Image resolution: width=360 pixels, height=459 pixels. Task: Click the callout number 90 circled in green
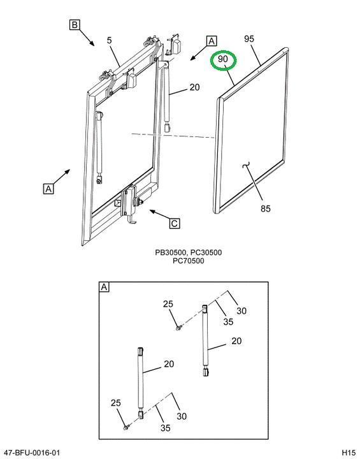pyautogui.click(x=223, y=59)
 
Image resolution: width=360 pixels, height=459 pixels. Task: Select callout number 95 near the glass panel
pyautogui.click(x=249, y=39)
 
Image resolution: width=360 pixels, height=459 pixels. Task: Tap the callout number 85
pyautogui.click(x=266, y=208)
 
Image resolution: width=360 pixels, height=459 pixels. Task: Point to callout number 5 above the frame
pyautogui.click(x=109, y=40)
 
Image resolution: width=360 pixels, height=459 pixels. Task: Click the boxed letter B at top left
pyautogui.click(x=75, y=25)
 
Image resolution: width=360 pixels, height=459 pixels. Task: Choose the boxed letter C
pyautogui.click(x=175, y=223)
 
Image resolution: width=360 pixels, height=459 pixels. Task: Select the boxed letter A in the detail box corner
pyautogui.click(x=104, y=287)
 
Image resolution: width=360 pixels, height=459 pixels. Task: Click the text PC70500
pyautogui.click(x=188, y=261)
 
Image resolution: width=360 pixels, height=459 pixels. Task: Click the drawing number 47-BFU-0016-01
pyautogui.click(x=30, y=453)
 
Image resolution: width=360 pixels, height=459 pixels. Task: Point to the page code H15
pyautogui.click(x=349, y=453)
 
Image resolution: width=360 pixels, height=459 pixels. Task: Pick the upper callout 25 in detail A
pyautogui.click(x=168, y=304)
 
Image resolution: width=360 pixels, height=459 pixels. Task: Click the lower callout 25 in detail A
pyautogui.click(x=115, y=403)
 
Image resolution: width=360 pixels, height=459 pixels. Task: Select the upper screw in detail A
pyautogui.click(x=178, y=328)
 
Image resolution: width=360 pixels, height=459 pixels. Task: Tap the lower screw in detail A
pyautogui.click(x=126, y=427)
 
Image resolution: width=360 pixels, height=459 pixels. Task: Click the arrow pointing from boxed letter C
pyautogui.click(x=159, y=214)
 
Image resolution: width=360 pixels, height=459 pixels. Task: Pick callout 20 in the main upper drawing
pyautogui.click(x=194, y=87)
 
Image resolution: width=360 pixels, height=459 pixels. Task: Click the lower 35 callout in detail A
pyautogui.click(x=166, y=428)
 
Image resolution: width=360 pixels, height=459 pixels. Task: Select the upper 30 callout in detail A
pyautogui.click(x=241, y=310)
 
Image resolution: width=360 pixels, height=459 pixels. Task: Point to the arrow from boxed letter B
pyautogui.click(x=87, y=38)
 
